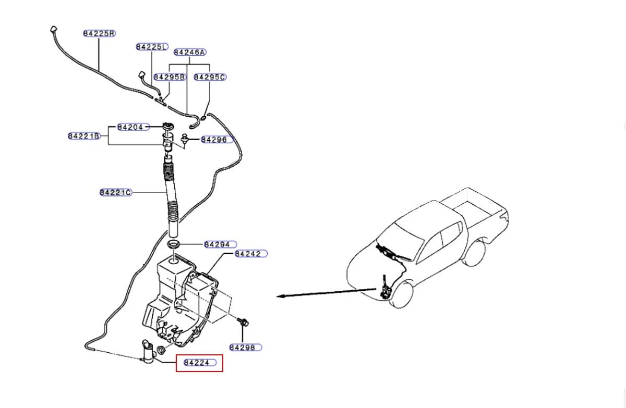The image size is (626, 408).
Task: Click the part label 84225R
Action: pos(100,33)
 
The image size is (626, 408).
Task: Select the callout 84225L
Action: pos(152,47)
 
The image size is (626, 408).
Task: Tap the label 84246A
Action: pos(190,52)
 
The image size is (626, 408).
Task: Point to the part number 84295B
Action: pos(170,77)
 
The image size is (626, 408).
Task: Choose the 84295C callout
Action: pos(210,77)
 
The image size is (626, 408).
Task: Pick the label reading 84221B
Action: pos(84,136)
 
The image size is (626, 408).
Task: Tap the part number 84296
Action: pos(217,140)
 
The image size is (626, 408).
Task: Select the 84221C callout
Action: pos(116,193)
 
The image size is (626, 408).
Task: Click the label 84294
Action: pos(221,245)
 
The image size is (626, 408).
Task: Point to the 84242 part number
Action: pos(251,254)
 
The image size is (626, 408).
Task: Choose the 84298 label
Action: pos(246,348)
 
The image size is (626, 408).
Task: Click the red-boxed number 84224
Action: pos(199,363)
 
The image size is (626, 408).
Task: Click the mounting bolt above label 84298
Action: pos(243,322)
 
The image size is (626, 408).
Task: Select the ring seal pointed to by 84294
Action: pos(174,245)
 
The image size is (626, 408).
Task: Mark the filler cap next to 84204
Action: pos(168,126)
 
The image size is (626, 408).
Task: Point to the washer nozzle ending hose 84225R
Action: pos(53,29)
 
